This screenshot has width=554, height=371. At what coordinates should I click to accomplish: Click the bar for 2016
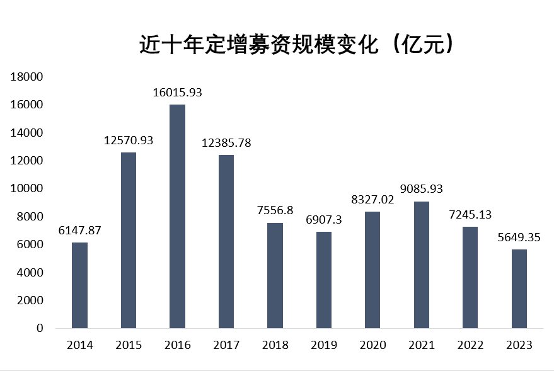point(177,216)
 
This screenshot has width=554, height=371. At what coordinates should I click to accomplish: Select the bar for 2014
point(79,285)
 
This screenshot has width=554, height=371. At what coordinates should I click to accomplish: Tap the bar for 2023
point(519,288)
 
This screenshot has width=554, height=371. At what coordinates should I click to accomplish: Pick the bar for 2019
point(324,280)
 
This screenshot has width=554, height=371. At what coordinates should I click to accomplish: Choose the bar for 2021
point(422,265)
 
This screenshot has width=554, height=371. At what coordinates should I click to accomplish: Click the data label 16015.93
point(177,93)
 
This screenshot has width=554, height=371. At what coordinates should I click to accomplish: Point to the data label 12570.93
point(129,140)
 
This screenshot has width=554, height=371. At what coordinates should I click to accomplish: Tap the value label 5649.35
point(519,237)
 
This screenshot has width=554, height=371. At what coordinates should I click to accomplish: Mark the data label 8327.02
point(372,200)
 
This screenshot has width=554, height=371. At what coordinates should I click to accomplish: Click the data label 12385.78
point(226,143)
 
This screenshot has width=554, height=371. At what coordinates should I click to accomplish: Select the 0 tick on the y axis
point(39,328)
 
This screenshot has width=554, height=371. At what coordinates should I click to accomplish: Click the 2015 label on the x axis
point(129,345)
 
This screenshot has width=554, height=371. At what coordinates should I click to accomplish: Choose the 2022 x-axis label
point(470,345)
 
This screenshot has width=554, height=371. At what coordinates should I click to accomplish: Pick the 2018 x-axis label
point(275,345)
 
